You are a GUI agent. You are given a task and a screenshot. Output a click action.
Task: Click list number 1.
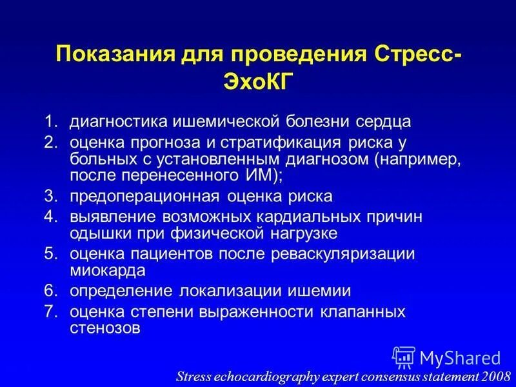point(50,121)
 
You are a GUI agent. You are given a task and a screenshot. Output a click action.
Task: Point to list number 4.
point(50,217)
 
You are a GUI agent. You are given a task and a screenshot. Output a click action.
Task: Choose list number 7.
point(50,313)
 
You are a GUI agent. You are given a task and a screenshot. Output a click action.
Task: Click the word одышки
point(96,232)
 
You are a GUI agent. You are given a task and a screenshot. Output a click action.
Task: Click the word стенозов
point(104,328)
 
